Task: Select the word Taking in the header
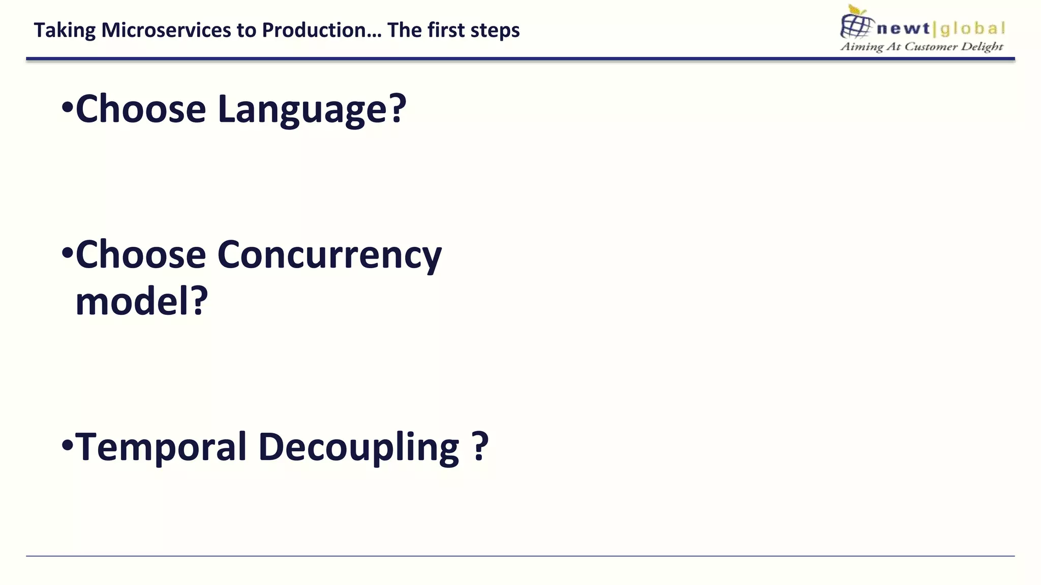(65, 30)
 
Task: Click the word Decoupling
(359, 447)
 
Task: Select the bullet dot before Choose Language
(67, 108)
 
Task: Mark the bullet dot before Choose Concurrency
(67, 253)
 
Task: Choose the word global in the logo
(972, 28)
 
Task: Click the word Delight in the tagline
(982, 47)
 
